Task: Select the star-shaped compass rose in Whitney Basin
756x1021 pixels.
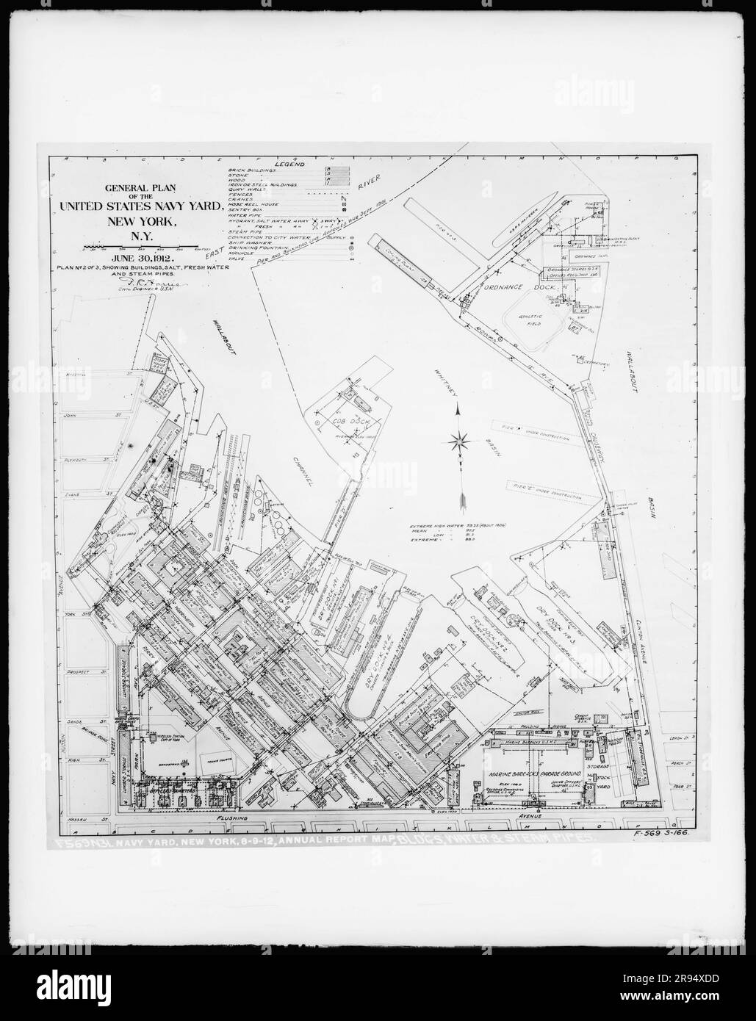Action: tap(461, 441)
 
